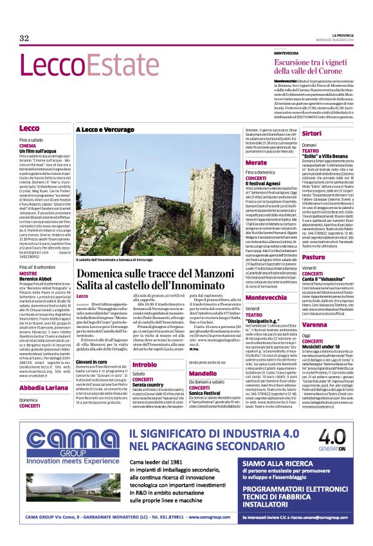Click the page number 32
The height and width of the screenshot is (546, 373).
24,39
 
